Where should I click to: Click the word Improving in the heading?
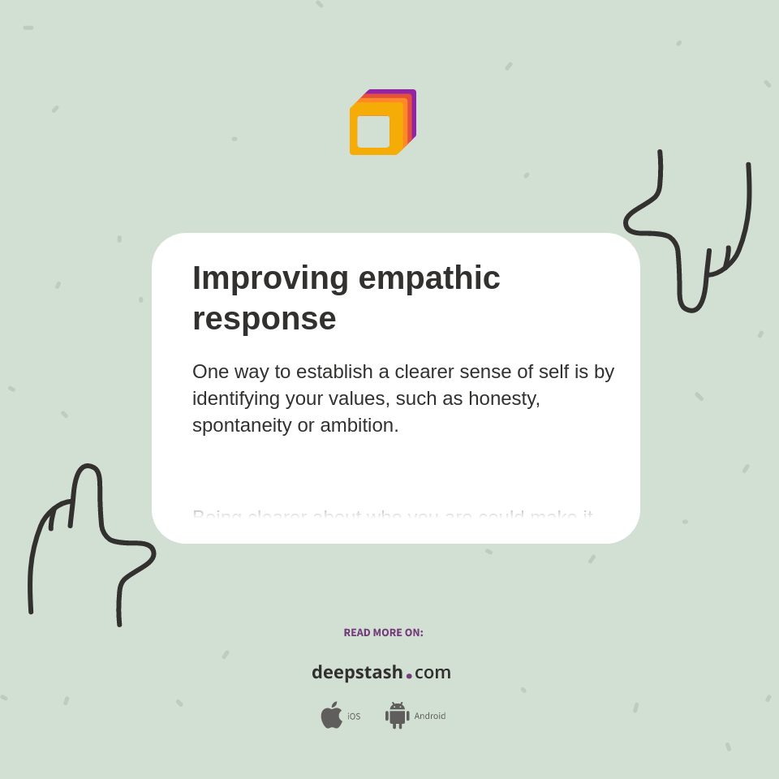(x=270, y=278)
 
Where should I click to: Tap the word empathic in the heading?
(x=429, y=278)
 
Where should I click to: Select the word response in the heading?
(x=264, y=318)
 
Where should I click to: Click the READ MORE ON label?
(x=383, y=633)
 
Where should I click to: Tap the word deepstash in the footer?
(x=357, y=673)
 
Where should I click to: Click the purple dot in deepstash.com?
(x=409, y=676)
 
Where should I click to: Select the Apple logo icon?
(x=331, y=715)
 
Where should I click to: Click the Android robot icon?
(x=397, y=716)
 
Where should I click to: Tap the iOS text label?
(x=354, y=717)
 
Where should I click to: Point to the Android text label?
(x=429, y=717)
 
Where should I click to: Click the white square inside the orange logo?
(x=373, y=131)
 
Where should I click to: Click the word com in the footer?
(x=433, y=673)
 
